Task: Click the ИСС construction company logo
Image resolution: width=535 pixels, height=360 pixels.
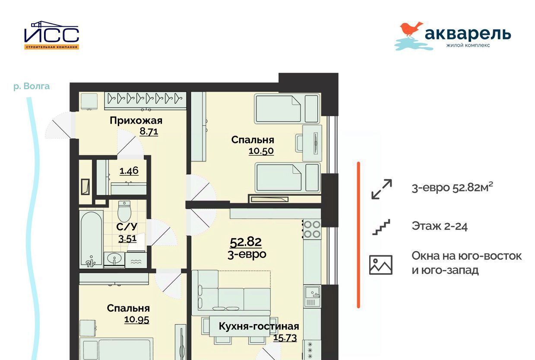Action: (x=51, y=35)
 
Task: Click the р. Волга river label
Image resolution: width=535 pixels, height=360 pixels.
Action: (x=32, y=86)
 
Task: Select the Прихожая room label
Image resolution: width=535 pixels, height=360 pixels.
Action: (x=136, y=121)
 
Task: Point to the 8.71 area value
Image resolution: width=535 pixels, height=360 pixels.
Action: (x=149, y=131)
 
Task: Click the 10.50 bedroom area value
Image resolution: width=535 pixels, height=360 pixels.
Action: (x=261, y=151)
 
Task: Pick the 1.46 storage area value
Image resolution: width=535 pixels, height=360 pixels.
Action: (x=129, y=171)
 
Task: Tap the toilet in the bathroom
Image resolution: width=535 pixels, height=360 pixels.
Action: (x=124, y=211)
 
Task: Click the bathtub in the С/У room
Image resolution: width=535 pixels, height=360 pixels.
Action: (x=91, y=239)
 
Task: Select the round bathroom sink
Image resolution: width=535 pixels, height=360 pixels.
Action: (x=114, y=259)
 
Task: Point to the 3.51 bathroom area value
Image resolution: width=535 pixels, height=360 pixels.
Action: (x=127, y=239)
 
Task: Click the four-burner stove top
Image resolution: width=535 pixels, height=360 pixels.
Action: (x=312, y=229)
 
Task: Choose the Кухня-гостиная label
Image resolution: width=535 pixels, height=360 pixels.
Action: (x=259, y=326)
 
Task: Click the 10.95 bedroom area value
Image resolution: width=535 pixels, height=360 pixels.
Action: (x=136, y=320)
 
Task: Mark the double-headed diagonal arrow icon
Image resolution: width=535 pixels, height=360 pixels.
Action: (x=381, y=189)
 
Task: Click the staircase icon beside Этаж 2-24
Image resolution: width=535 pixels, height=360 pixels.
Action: (x=381, y=227)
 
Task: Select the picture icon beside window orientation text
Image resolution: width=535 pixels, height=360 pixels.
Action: (x=381, y=265)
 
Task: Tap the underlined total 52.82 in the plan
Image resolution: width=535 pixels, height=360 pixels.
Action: (x=246, y=242)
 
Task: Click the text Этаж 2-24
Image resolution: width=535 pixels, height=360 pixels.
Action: (x=440, y=226)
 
